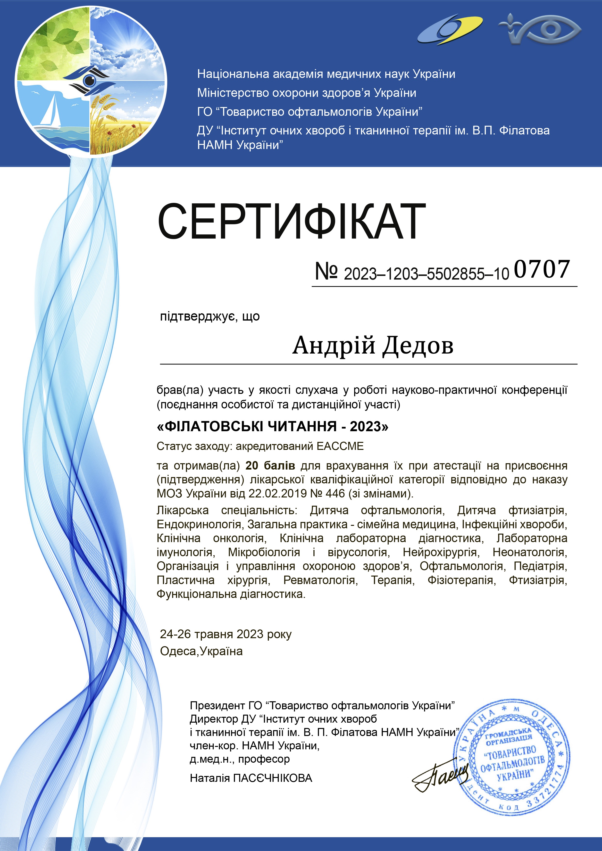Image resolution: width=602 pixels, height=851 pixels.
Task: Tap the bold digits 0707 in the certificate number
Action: pyautogui.click(x=542, y=269)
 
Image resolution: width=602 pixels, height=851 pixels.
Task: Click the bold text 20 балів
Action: pyautogui.click(x=270, y=465)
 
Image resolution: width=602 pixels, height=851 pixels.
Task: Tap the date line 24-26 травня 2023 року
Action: pyautogui.click(x=225, y=634)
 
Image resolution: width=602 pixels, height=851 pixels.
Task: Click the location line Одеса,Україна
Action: pyautogui.click(x=201, y=651)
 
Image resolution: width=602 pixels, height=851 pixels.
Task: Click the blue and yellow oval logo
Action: pyautogui.click(x=450, y=30)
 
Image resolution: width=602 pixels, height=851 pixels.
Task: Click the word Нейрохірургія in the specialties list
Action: pyautogui.click(x=441, y=552)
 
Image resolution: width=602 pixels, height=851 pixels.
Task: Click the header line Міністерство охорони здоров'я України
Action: pyautogui.click(x=307, y=93)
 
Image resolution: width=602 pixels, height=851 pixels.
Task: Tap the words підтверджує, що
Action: pyautogui.click(x=209, y=316)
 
